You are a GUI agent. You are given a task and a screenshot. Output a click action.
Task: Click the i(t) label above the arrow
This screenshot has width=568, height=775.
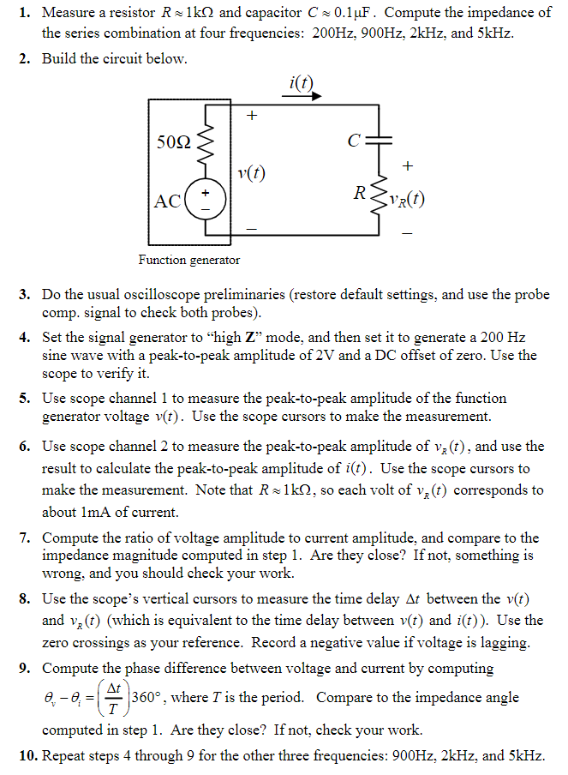(302, 82)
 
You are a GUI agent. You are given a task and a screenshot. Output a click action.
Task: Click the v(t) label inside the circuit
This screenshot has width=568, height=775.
(251, 174)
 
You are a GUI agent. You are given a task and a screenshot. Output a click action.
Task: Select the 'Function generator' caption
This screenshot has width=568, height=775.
(189, 259)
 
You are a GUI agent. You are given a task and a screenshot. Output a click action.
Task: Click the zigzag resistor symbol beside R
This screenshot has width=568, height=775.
(378, 199)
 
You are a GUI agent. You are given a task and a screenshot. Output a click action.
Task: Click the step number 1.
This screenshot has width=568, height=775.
(25, 13)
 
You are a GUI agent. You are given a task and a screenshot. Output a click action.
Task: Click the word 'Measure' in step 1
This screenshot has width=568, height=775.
(69, 13)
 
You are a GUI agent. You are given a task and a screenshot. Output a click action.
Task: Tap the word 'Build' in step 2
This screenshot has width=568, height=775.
(60, 59)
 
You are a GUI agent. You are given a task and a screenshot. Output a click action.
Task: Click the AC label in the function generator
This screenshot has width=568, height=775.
(167, 201)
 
